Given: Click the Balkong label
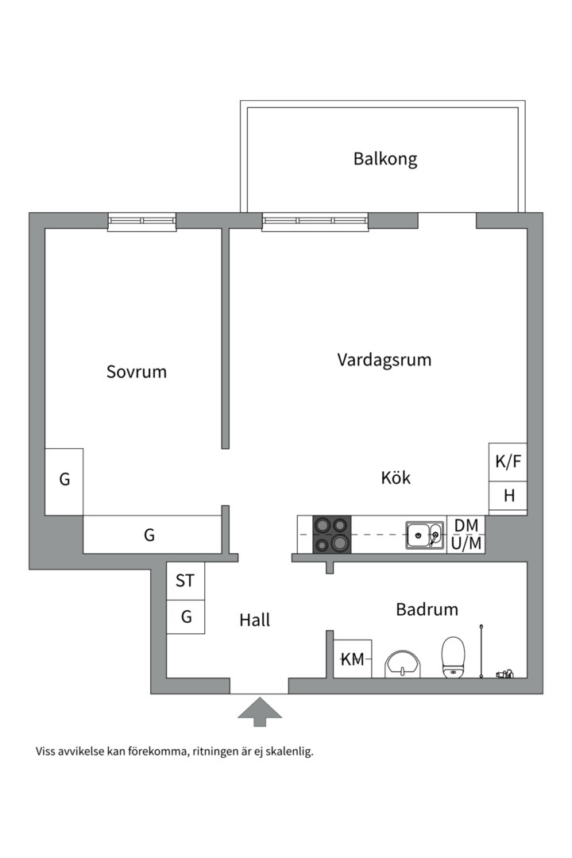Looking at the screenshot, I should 385,159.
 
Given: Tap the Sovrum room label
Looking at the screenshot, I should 137,371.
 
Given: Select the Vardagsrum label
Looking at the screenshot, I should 385,360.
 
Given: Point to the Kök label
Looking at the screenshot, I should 396,478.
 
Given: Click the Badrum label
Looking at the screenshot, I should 427,610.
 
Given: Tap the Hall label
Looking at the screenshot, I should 255,620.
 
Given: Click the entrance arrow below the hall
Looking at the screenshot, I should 259,711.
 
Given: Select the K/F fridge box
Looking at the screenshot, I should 508,462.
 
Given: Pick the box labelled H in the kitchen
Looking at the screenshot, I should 508,497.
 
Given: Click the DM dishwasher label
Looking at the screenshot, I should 466,525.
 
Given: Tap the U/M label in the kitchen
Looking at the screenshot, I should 466,544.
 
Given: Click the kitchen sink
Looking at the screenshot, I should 425,535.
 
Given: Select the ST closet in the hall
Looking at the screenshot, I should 185,581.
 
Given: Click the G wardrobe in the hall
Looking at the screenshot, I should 186,616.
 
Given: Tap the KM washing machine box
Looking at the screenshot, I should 352,659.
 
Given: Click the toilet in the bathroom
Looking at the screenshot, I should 453,657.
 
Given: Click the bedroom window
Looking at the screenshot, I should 142,222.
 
